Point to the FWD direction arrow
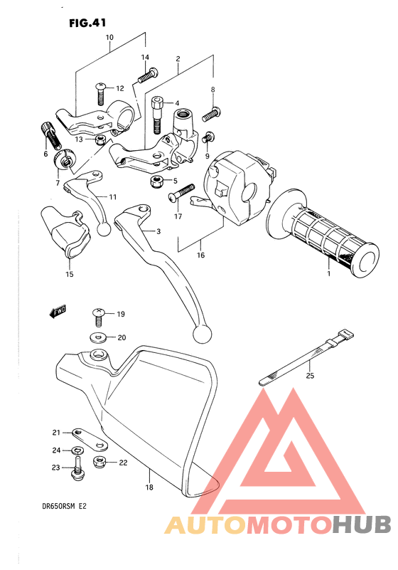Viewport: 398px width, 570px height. tap(57, 311)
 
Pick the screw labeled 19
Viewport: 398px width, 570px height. tap(98, 314)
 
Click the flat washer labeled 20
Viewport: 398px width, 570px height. tap(98, 337)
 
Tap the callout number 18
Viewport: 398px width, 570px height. tap(149, 487)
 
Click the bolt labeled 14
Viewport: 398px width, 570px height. tap(148, 72)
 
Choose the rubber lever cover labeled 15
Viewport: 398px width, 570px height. tap(68, 231)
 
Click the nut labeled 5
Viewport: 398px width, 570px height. tap(155, 182)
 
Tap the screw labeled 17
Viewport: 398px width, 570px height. tap(182, 191)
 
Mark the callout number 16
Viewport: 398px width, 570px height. tap(200, 255)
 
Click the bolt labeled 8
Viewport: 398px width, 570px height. tap(212, 112)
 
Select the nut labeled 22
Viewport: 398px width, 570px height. tap(100, 463)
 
